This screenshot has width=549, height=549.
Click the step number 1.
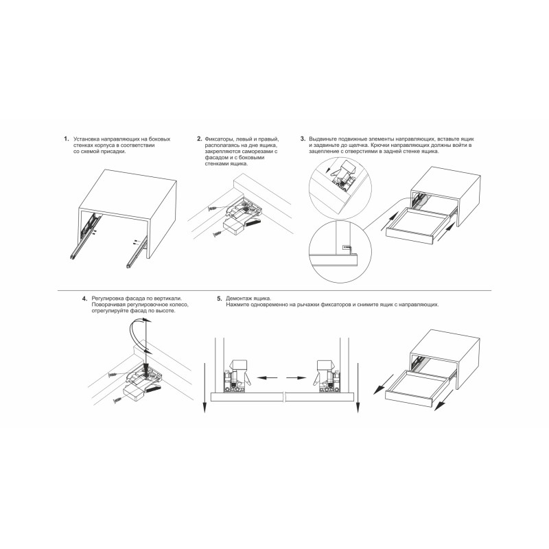click(x=66, y=139)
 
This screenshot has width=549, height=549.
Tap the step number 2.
click(x=199, y=139)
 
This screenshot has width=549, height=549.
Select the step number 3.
click(x=303, y=139)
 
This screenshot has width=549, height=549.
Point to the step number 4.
click(x=84, y=299)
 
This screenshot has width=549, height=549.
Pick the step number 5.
click(x=220, y=299)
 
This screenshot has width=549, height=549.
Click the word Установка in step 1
click(x=84, y=139)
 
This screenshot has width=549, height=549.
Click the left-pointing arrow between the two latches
click(x=267, y=378)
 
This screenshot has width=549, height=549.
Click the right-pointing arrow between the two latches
click(x=296, y=378)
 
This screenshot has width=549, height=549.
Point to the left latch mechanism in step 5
click(x=237, y=375)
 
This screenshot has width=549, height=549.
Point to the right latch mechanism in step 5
click(x=328, y=375)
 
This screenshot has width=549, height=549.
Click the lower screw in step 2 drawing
click(x=217, y=233)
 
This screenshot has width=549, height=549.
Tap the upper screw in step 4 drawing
click(x=113, y=375)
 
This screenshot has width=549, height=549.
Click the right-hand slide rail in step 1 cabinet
click(x=135, y=256)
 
